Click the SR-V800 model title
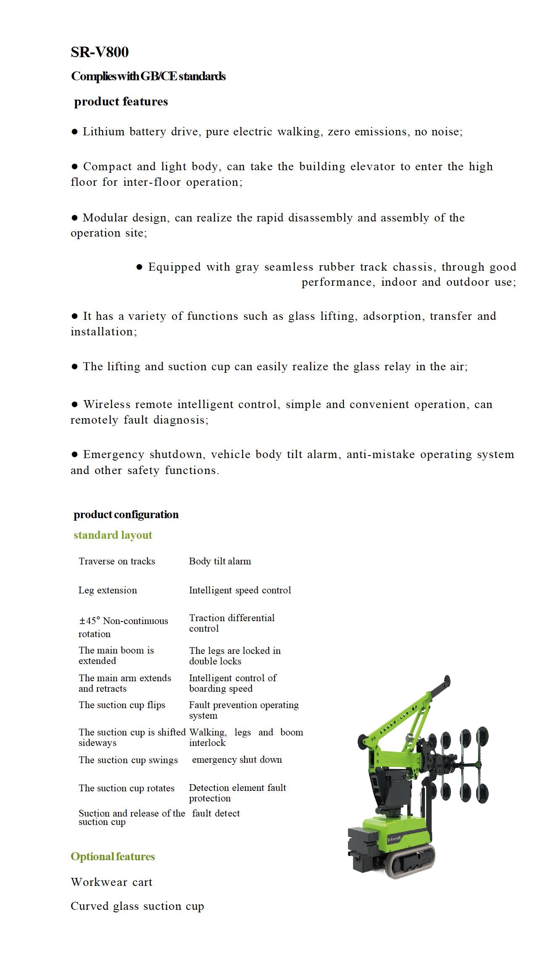tap(100, 52)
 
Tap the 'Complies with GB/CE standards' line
tap(148, 76)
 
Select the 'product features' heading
tap(121, 102)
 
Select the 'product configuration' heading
tap(126, 514)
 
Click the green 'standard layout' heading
tap(113, 535)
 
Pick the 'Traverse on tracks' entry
tap(117, 561)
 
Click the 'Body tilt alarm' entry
tap(220, 561)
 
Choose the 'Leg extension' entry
tap(108, 590)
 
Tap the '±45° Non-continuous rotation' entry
tap(123, 627)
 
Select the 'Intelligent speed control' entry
tap(240, 590)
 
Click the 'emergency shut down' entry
tap(237, 760)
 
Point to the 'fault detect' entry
tap(216, 814)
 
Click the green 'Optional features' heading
tap(113, 856)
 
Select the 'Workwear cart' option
tap(111, 882)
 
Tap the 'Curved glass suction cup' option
tap(137, 906)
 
